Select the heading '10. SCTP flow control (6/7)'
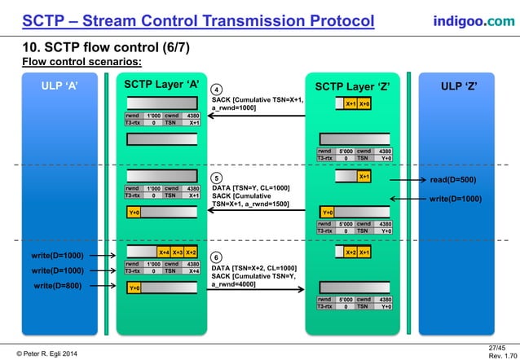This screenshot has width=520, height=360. point(106,47)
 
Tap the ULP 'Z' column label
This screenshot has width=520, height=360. point(459,86)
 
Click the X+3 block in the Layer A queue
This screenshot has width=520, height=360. point(177,252)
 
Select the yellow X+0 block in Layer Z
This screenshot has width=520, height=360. point(364,103)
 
